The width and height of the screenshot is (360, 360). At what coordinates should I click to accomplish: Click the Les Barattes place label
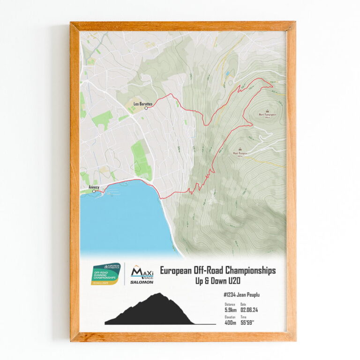pos(143,104)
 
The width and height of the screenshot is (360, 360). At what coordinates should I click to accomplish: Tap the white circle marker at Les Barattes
pos(146,108)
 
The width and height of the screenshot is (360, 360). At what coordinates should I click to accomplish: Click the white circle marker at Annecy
pos(94,191)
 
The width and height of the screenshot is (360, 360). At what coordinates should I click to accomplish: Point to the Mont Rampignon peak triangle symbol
pos(267,109)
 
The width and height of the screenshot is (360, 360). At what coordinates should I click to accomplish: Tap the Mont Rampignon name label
pos(267,114)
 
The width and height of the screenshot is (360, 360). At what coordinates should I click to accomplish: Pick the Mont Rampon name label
pos(240,153)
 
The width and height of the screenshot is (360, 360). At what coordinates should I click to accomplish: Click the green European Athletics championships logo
pos(106,274)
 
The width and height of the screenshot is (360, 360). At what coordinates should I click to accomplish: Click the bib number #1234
pos(232,295)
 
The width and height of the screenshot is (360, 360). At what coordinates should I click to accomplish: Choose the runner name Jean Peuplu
pos(253,295)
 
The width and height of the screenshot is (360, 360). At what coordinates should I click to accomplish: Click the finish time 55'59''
pos(250,322)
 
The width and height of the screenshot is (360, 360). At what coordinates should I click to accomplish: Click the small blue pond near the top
pos(227,74)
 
